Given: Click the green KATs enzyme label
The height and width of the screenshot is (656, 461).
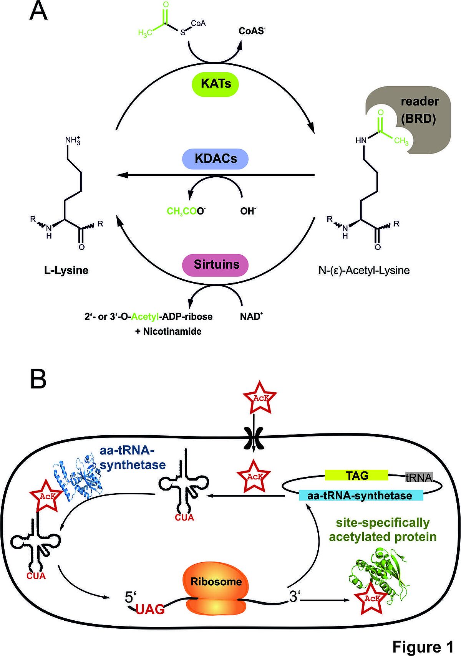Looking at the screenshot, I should [216, 84].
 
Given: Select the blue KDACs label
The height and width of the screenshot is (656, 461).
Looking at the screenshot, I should [216, 159].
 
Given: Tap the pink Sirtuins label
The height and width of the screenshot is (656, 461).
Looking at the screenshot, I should [216, 264].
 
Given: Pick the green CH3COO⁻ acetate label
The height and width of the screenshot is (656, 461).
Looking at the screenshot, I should [186, 211].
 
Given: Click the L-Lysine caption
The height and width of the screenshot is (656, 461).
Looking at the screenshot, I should [66, 270].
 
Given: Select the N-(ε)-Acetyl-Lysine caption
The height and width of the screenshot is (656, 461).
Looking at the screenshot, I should [364, 270].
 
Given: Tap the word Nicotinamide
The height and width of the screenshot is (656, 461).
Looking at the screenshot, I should [172, 331].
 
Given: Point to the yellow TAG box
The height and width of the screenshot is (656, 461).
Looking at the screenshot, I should [357, 476].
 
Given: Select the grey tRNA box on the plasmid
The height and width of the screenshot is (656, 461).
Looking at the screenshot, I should [419, 478].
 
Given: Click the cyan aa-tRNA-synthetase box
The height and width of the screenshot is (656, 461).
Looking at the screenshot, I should [361, 496].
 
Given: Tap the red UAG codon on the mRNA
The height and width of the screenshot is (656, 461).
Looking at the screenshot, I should [150, 609].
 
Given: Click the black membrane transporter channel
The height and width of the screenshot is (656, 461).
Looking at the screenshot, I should [254, 438].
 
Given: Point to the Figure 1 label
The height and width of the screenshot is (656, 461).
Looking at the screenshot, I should [423, 647].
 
